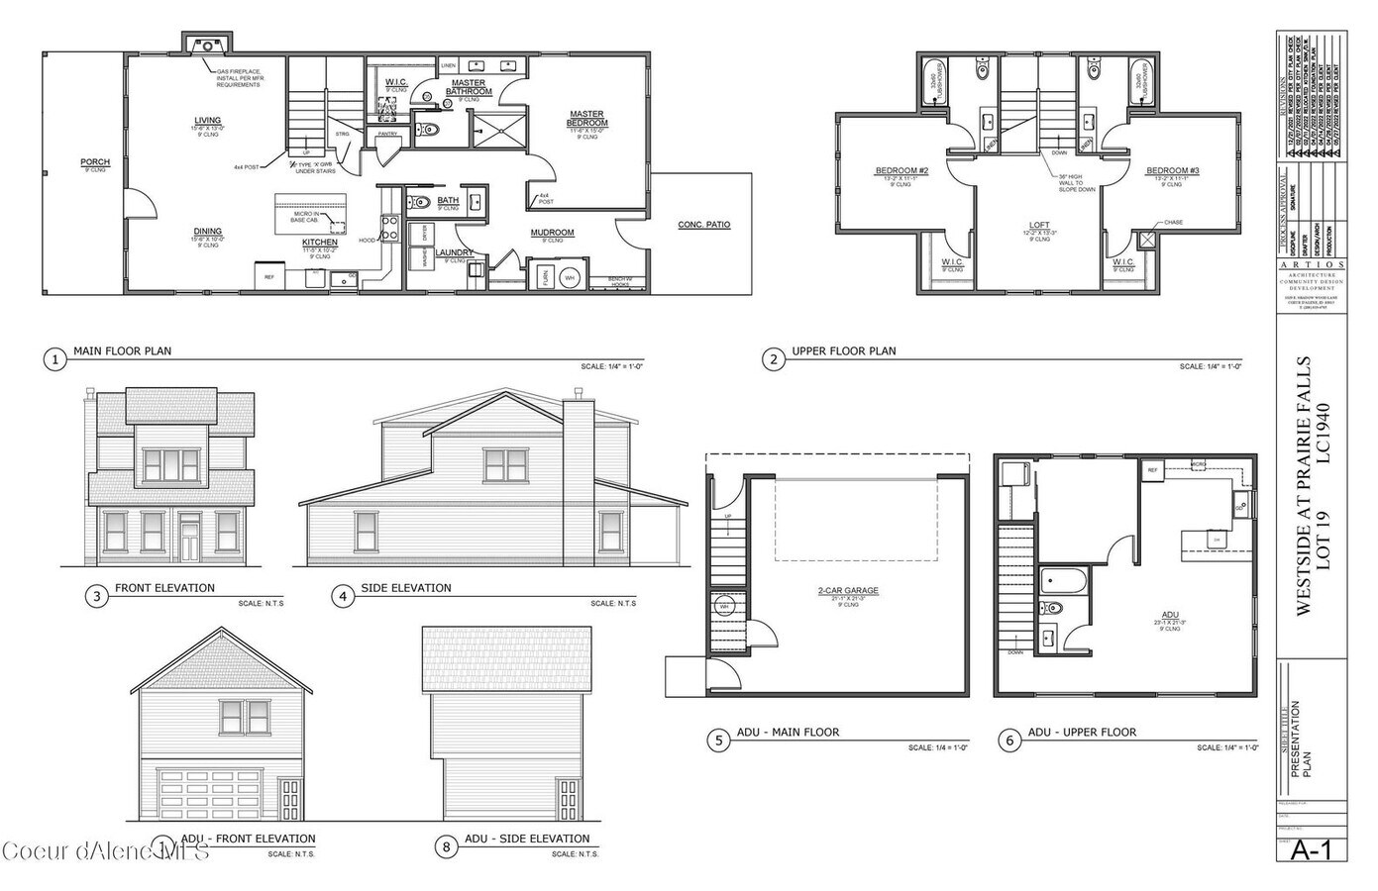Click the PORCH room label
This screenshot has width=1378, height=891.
[95, 161]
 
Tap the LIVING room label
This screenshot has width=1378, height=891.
[207, 121]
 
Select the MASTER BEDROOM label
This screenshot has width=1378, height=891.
[586, 118]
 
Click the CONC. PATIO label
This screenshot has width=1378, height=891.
[703, 225]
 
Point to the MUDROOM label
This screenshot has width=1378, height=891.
[552, 233]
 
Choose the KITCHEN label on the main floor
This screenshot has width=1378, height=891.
[319, 242]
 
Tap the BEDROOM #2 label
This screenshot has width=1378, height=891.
[901, 171]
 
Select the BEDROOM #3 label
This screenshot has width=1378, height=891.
[1173, 171]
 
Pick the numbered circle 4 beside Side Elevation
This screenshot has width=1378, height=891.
[343, 596]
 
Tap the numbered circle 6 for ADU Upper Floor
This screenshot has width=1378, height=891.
[1008, 740]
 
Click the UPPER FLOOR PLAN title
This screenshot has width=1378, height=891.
[843, 351]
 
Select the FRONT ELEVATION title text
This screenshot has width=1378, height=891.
[164, 588]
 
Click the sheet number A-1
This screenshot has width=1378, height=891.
[1311, 849]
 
